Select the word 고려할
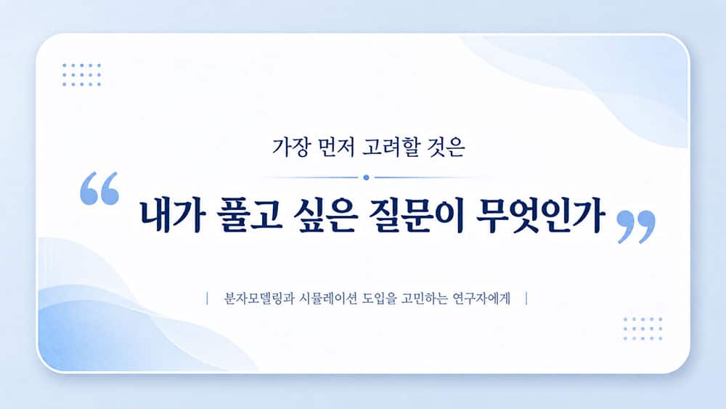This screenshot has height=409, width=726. coord(391,147)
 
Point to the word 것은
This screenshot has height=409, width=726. coord(446,147)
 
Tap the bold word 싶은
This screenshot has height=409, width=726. coord(325,215)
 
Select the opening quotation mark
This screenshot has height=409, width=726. coord(99,188)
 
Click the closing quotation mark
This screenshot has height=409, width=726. coord(636,227)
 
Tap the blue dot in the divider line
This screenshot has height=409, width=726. coord(366,177)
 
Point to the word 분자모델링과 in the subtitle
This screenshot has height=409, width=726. coord(259,299)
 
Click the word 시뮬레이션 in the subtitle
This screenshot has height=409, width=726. coord(328,299)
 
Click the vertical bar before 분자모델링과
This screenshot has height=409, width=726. coord(207,299)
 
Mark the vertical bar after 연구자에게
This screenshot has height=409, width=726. coord(527,299)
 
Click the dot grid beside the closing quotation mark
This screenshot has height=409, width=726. coord(643,329)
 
